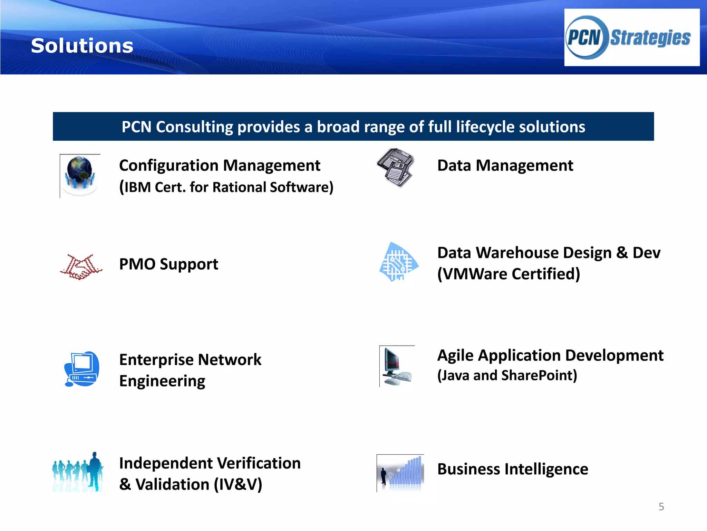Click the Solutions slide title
coord(82,46)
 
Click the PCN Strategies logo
coord(631,37)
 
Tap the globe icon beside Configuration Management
coord(80,175)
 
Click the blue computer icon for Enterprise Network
coord(82,369)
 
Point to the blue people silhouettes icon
coord(78,472)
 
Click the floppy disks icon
coord(396,167)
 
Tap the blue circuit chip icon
coord(398,262)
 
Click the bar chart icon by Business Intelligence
coord(400,473)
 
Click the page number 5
coord(661,507)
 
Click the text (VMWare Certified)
coord(509,274)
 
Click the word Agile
coord(455,356)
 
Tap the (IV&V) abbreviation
coord(238,484)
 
